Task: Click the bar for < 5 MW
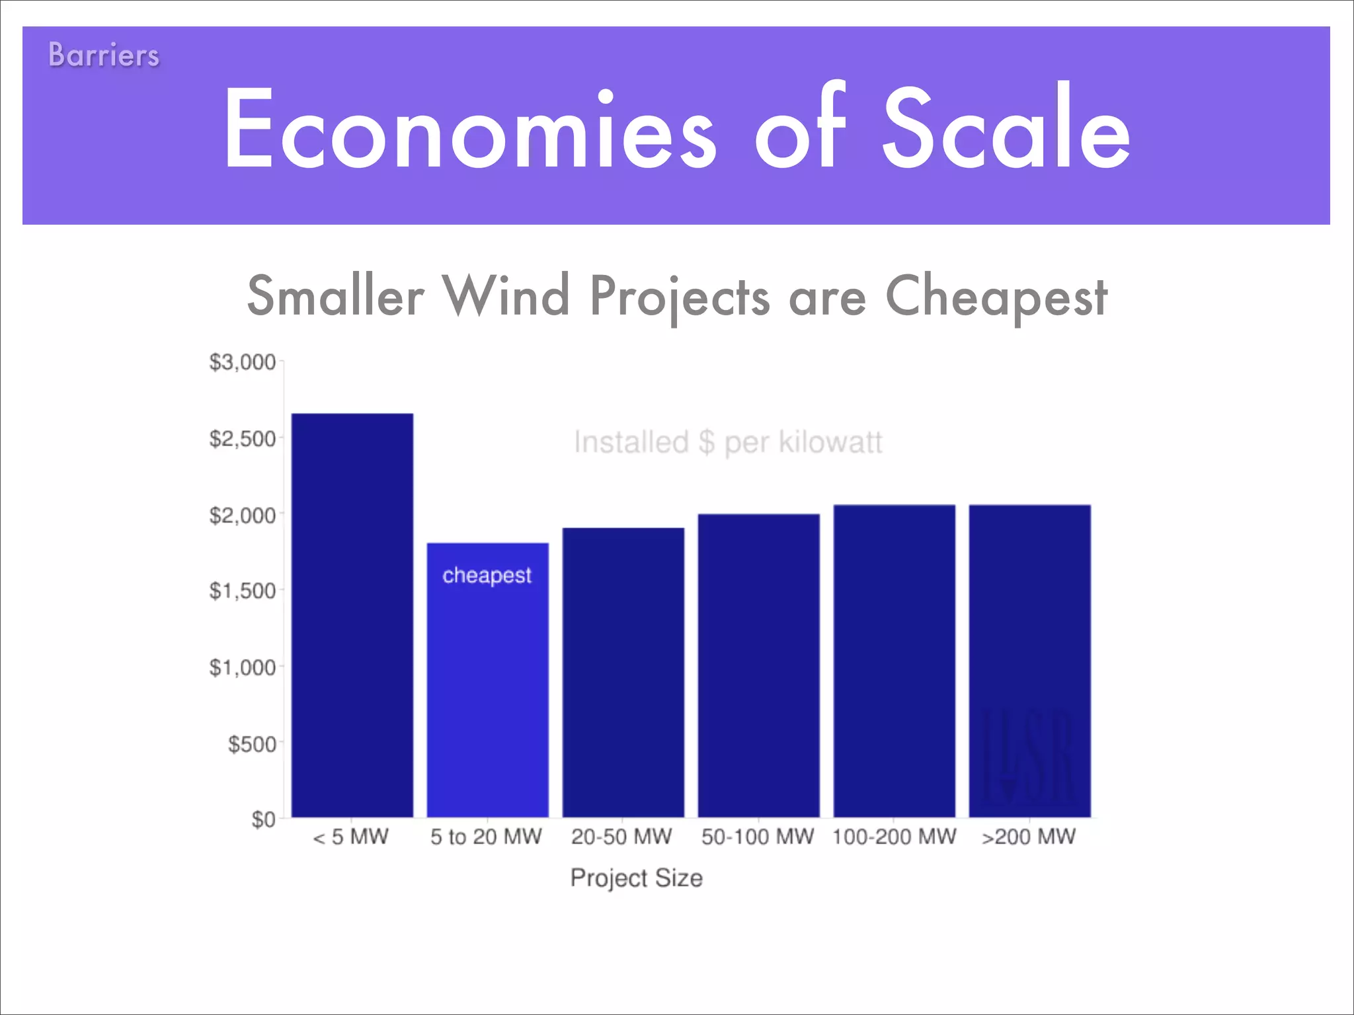pyautogui.click(x=352, y=615)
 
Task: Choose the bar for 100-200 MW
pyautogui.click(x=894, y=661)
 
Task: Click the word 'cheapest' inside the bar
pyautogui.click(x=487, y=576)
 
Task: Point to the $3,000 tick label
pyautogui.click(x=242, y=362)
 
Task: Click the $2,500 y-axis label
pyautogui.click(x=242, y=439)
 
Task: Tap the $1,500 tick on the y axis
pyautogui.click(x=242, y=591)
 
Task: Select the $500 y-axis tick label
pyautogui.click(x=252, y=744)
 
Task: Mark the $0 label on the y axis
pyautogui.click(x=263, y=819)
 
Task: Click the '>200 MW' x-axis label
pyautogui.click(x=1029, y=837)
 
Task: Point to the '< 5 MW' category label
pyautogui.click(x=351, y=837)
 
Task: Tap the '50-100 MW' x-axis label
pyautogui.click(x=758, y=837)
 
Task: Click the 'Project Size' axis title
pyautogui.click(x=637, y=878)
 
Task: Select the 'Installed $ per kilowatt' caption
pyautogui.click(x=728, y=442)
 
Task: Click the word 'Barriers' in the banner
pyautogui.click(x=104, y=55)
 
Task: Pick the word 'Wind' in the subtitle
pyautogui.click(x=506, y=296)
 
